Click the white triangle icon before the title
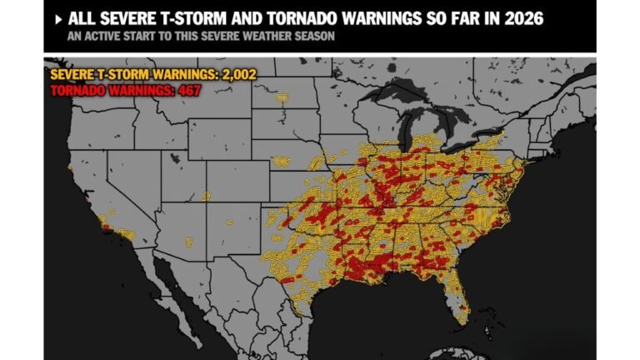point(57,19)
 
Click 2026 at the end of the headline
point(517,19)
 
